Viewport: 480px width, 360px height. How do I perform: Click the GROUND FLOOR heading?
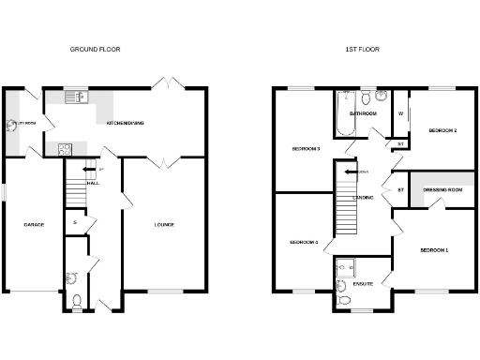coord(102,49)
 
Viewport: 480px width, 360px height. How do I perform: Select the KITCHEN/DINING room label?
coord(125,123)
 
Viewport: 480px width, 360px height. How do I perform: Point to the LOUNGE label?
coord(164,224)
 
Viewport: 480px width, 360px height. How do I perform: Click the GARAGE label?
coord(34,224)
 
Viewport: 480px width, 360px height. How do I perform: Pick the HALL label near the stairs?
coord(94,183)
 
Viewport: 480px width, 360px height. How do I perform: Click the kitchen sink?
coord(74,97)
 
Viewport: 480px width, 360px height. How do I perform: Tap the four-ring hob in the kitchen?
coord(66,147)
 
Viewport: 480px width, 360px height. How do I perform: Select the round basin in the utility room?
coord(12,123)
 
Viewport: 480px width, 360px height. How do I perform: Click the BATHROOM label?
coord(363,113)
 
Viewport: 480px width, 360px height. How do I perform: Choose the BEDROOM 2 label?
coord(442,130)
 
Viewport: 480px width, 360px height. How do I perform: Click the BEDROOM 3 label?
coord(307,149)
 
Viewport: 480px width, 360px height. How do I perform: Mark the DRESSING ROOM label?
coord(443,190)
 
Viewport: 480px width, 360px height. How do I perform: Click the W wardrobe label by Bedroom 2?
coord(400,113)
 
